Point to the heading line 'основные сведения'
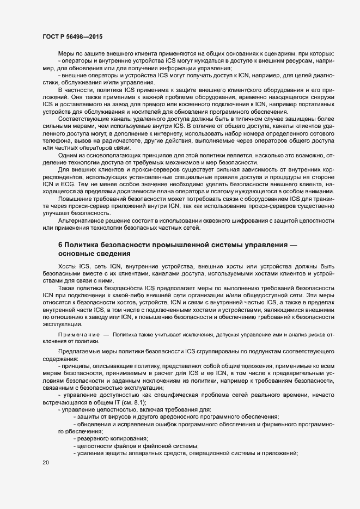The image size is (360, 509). tap(94, 254)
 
